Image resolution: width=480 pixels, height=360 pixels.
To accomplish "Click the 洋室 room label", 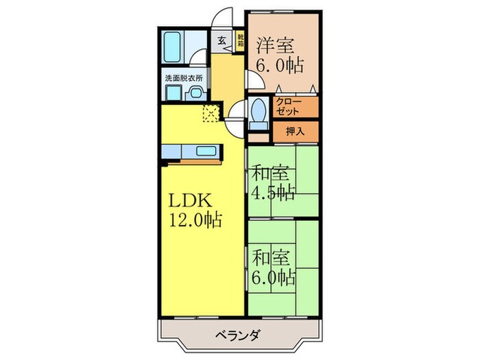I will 276,47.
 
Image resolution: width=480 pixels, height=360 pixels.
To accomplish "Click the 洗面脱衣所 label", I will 182,78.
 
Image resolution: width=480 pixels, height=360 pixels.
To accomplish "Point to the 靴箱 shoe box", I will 240,40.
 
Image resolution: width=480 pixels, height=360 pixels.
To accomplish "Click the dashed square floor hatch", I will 210,114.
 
